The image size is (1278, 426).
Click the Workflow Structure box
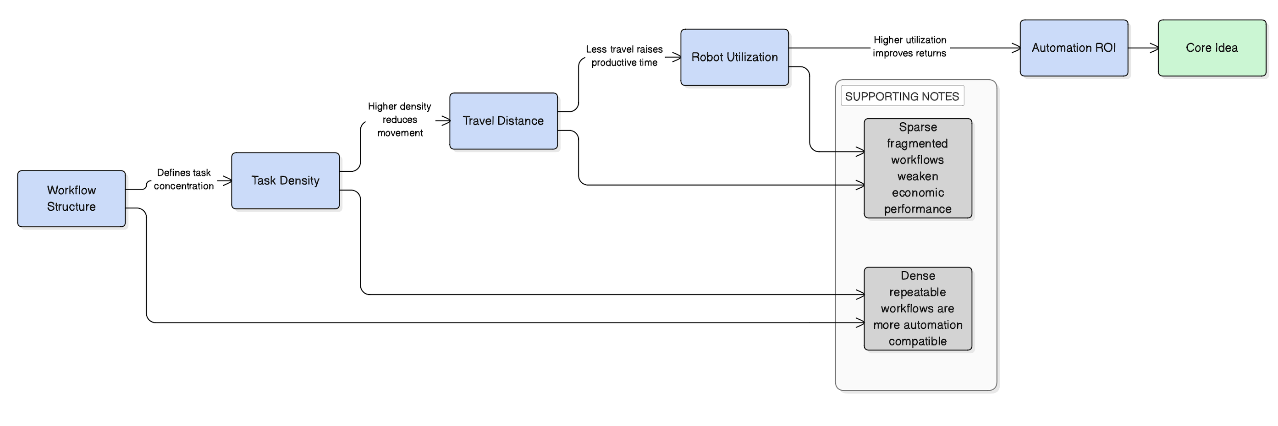(x=72, y=198)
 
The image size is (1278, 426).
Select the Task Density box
(x=285, y=180)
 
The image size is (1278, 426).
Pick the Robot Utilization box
(x=734, y=57)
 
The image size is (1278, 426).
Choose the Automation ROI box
(x=1074, y=48)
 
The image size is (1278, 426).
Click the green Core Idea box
(x=1212, y=48)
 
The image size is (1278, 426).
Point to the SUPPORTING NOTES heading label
(x=902, y=96)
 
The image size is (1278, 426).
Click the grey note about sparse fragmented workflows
(x=917, y=168)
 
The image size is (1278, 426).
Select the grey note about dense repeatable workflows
(x=917, y=308)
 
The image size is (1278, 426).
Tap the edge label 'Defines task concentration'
(x=183, y=179)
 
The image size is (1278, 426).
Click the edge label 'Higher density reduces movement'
(x=399, y=120)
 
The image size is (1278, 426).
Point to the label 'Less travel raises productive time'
(x=624, y=55)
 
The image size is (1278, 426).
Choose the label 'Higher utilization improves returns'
(x=909, y=46)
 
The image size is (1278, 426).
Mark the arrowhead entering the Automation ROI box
(x=1017, y=48)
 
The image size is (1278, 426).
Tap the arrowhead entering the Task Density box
(x=228, y=180)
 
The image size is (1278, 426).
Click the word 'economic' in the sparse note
(x=917, y=192)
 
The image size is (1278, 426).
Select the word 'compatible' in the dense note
(x=917, y=341)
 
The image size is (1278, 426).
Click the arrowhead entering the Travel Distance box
(x=446, y=120)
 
